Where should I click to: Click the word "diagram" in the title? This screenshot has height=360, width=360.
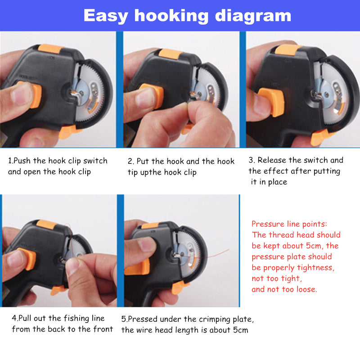pos(253,16)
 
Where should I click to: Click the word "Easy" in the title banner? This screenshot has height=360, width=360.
pos(106,16)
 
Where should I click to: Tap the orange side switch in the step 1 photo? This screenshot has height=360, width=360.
pos(34,95)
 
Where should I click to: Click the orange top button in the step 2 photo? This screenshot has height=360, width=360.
pos(171,54)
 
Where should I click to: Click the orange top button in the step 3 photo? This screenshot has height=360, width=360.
pos(288,50)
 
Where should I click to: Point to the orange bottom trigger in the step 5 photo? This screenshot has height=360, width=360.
pos(180,287)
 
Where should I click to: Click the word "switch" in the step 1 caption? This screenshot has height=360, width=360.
pos(95,161)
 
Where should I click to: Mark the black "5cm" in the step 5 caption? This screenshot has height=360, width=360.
pos(241,330)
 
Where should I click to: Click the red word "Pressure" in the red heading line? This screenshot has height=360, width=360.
pos(267,224)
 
